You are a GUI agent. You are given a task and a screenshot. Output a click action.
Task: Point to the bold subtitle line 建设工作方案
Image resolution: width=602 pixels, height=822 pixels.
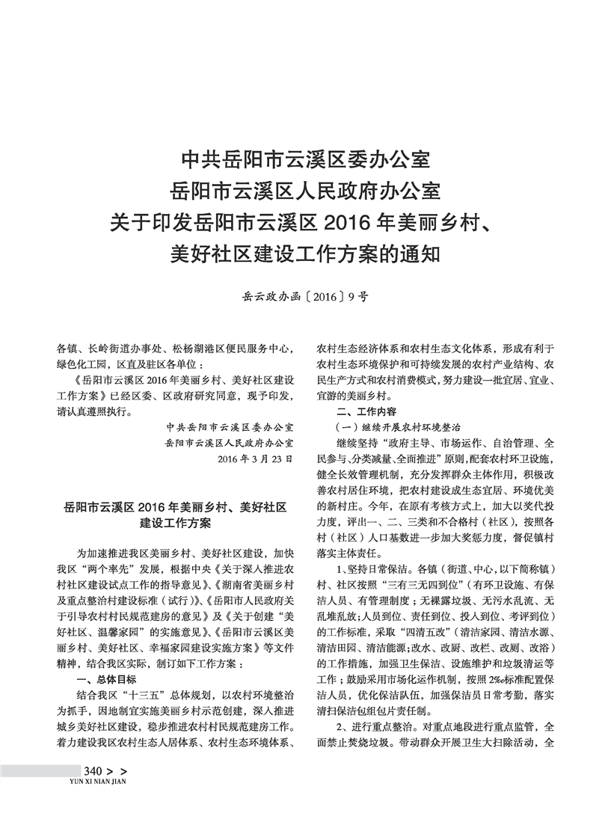176,523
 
